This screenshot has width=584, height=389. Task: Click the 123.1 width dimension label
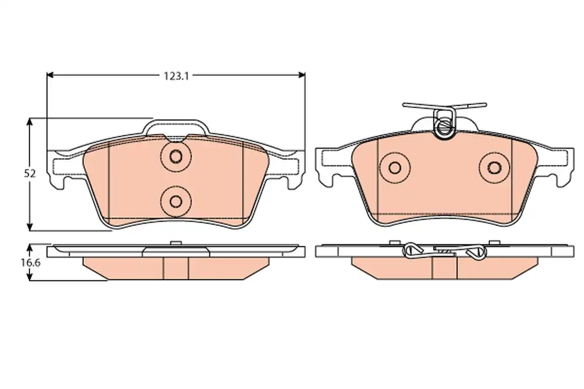point(176,76)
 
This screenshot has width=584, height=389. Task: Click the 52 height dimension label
point(30,174)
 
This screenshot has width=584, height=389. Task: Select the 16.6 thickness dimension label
point(31,263)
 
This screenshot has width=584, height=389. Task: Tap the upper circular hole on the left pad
point(176,157)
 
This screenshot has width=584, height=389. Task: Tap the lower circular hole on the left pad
point(176,201)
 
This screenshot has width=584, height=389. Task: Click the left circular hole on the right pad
point(395,168)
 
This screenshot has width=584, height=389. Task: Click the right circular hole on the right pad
point(494,168)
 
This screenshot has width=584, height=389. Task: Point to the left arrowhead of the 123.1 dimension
point(50,75)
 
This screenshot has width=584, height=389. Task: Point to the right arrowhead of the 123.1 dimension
point(302,75)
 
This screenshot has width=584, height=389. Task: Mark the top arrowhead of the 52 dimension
point(30,122)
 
